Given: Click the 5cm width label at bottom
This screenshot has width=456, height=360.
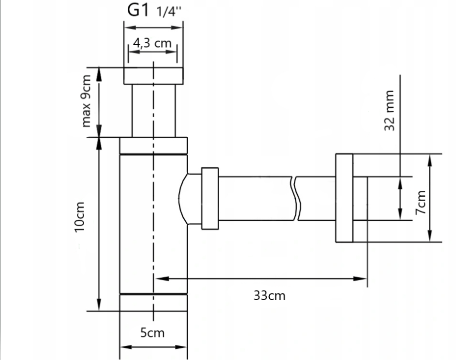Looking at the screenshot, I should coord(152,333).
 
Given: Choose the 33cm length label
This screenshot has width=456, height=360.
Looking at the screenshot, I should coord(269,296).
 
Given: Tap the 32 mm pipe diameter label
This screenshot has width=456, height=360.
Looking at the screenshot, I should coord(391,110).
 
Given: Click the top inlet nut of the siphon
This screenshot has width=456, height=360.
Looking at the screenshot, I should coord(153,76).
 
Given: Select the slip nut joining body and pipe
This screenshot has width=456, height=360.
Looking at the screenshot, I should coord(209,198).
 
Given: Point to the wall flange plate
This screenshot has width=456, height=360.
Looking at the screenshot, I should coord(344,198).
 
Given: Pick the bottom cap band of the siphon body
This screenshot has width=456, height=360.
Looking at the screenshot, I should coord(153,302).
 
